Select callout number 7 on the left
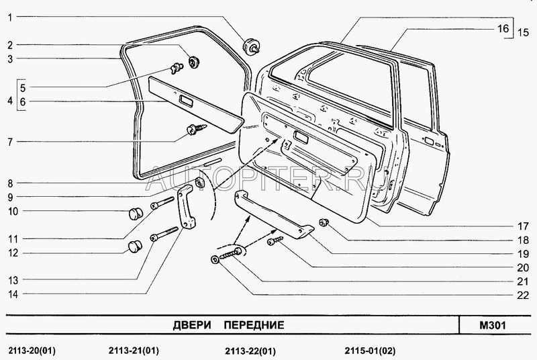pos(10,142)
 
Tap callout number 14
pos(10,294)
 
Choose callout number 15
pos(524,32)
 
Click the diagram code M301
pos(492,325)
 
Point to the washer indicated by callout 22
pos(214,260)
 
